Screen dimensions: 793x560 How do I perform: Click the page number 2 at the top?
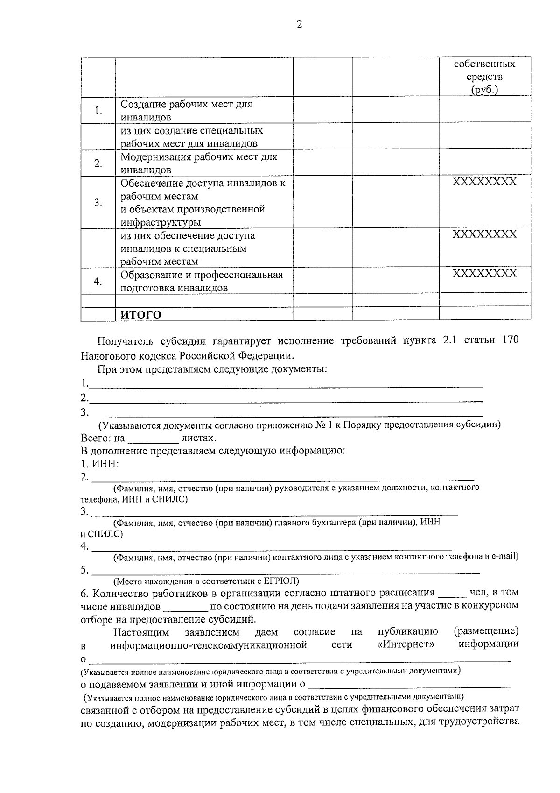(x=299, y=24)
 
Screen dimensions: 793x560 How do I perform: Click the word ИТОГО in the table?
(x=141, y=315)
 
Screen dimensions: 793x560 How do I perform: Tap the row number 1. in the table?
(x=98, y=111)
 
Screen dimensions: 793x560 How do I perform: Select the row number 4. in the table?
(x=98, y=281)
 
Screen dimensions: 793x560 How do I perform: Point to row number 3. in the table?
(x=98, y=203)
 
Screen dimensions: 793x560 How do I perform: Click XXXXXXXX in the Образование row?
(x=484, y=274)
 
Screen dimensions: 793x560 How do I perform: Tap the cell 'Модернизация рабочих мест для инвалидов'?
(x=199, y=163)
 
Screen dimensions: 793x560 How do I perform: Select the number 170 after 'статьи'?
(x=510, y=340)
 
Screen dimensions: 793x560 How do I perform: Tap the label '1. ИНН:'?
(x=100, y=464)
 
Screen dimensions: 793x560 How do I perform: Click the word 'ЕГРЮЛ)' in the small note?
(x=281, y=581)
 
